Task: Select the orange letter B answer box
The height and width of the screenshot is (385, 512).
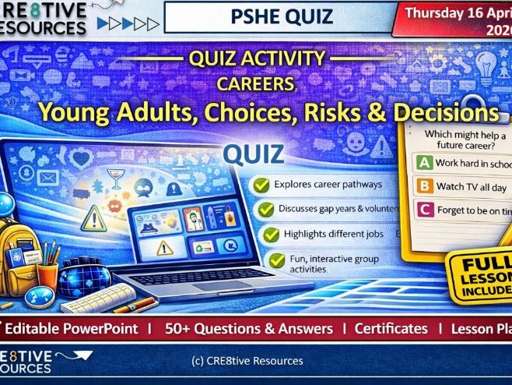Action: (x=425, y=186)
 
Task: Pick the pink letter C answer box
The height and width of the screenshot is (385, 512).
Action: (x=425, y=209)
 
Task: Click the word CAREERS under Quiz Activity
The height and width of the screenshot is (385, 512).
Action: (x=255, y=83)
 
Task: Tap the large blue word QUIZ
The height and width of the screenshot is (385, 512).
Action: (x=254, y=154)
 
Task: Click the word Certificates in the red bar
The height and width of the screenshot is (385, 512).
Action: (x=391, y=328)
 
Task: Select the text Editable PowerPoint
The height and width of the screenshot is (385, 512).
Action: (x=77, y=328)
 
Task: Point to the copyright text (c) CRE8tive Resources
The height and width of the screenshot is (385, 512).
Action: (x=247, y=361)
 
